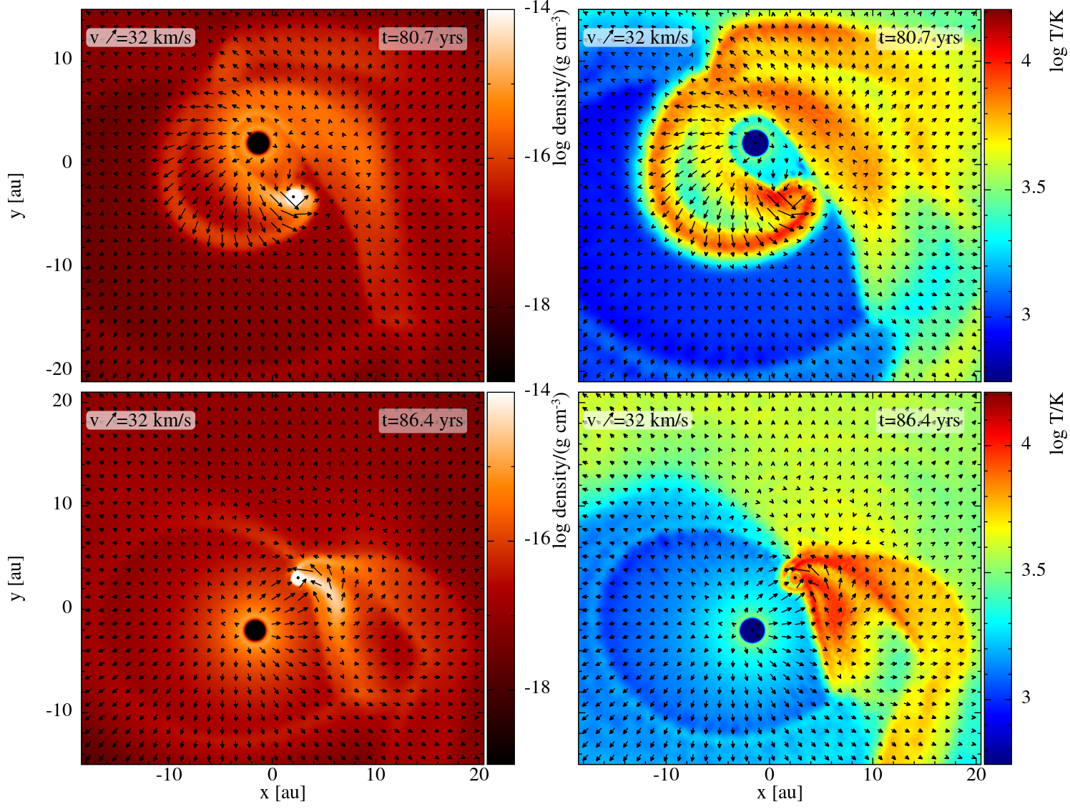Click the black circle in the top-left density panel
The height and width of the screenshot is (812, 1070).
pyautogui.click(x=258, y=143)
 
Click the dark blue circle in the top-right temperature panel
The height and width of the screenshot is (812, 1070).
pyautogui.click(x=755, y=143)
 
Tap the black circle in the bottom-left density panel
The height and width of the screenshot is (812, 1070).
pyautogui.click(x=255, y=630)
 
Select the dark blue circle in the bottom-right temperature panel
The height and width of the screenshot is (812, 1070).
pyautogui.click(x=752, y=630)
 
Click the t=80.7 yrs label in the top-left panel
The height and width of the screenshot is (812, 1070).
pyautogui.click(x=423, y=38)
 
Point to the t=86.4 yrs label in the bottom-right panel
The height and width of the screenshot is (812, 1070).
pyautogui.click(x=920, y=421)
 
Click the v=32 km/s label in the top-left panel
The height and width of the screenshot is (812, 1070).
pyautogui.click(x=141, y=38)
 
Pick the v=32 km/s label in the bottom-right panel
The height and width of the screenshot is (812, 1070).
pyautogui.click(x=637, y=421)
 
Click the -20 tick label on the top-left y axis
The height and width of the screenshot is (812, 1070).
pyautogui.click(x=60, y=369)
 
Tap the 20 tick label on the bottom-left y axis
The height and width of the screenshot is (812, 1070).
pyautogui.click(x=63, y=401)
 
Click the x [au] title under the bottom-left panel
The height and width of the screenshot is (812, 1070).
pyautogui.click(x=283, y=793)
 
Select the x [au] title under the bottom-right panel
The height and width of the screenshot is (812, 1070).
pyautogui.click(x=780, y=793)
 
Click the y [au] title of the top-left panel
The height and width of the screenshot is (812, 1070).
pyautogui.click(x=17, y=195)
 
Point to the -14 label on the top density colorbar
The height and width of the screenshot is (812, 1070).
pyautogui.click(x=537, y=8)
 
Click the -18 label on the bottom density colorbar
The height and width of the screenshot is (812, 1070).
pyautogui.click(x=537, y=688)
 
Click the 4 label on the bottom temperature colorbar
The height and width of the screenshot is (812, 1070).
pyautogui.click(x=1026, y=444)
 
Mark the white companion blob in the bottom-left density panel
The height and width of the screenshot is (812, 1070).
pyautogui.click(x=298, y=578)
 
